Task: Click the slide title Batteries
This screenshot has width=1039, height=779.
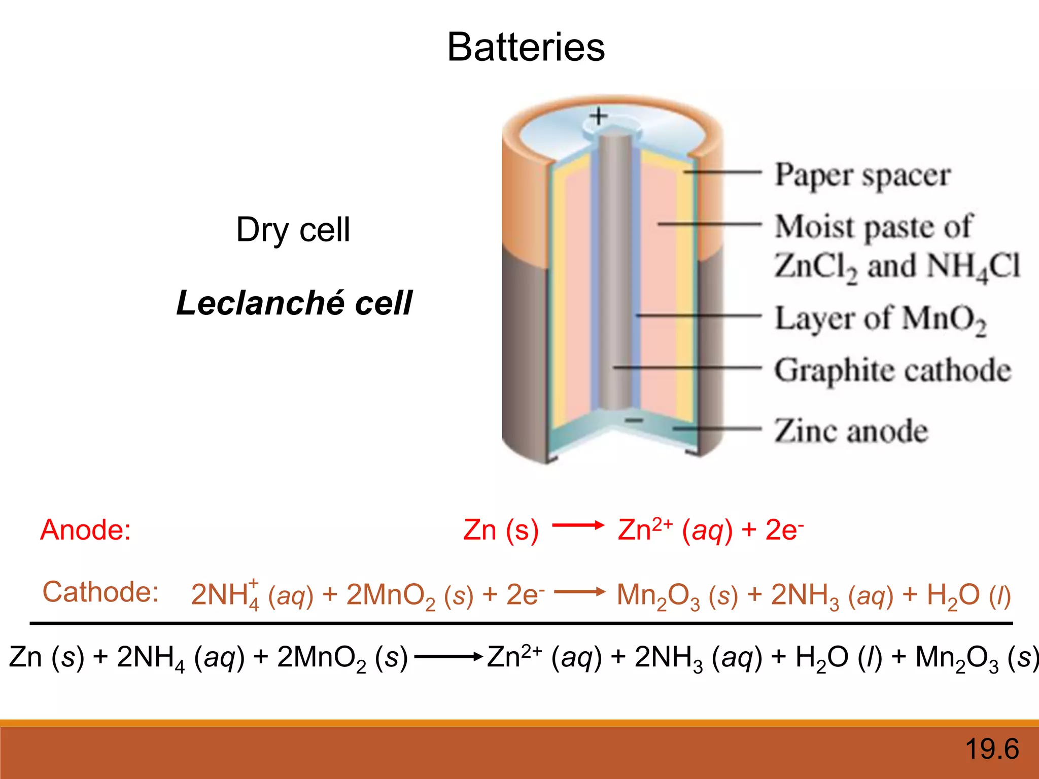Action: (526, 47)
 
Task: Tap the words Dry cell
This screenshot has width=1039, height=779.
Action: (293, 230)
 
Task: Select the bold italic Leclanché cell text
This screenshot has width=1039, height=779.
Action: (294, 303)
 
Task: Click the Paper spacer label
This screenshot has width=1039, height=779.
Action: (862, 175)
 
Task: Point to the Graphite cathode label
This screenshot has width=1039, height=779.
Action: (892, 370)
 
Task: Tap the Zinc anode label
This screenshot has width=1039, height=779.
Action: (851, 431)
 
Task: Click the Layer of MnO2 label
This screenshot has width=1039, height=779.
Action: (880, 320)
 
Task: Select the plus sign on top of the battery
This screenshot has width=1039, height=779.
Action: (599, 116)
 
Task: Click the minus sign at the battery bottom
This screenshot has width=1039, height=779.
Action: (634, 420)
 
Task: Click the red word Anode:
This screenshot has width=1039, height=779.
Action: (85, 530)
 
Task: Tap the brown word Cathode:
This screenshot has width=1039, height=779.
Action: (100, 592)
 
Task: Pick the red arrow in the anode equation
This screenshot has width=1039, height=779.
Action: (578, 525)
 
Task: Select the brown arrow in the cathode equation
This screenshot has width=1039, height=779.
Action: (579, 591)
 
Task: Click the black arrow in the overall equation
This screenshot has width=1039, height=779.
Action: (448, 657)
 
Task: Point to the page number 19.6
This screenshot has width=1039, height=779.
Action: (992, 749)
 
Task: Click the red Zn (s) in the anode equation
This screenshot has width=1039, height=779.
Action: (501, 530)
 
